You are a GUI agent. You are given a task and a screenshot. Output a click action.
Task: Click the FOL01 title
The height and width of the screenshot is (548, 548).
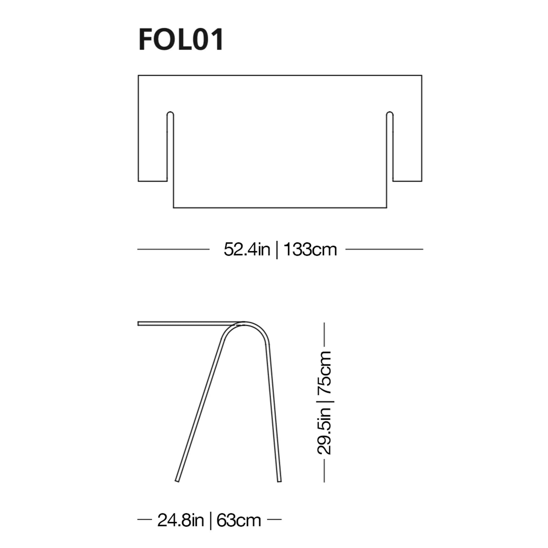click(181, 39)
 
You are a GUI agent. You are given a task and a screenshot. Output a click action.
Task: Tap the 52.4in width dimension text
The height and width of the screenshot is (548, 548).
click(247, 250)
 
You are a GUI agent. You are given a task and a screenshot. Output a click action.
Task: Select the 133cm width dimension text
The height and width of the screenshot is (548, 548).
click(310, 250)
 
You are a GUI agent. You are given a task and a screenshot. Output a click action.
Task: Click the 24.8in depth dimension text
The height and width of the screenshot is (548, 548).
click(181, 520)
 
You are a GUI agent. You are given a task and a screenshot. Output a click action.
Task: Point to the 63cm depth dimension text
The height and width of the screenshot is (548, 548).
click(239, 520)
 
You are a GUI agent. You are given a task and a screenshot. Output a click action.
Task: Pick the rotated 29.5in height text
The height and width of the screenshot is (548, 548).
click(324, 431)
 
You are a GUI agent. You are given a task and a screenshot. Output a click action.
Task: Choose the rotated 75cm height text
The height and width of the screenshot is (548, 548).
click(324, 372)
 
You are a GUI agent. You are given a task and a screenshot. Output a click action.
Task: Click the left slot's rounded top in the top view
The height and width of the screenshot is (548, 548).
click(170, 114)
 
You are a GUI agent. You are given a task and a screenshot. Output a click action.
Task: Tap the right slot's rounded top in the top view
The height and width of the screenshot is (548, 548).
click(390, 114)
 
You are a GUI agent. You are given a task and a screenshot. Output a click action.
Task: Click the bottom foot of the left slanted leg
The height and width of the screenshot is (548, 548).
click(177, 481)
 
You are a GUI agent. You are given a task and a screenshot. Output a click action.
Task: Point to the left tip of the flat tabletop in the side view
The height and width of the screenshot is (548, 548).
click(139, 323)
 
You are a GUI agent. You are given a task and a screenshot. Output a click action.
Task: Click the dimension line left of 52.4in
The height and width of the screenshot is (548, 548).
click(173, 249)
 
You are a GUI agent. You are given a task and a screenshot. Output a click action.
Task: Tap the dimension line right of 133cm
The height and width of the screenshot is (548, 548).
click(384, 249)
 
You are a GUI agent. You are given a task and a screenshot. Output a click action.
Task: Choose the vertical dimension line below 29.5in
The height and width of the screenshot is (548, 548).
click(324, 471)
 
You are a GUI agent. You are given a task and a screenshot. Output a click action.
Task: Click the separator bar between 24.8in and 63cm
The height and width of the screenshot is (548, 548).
click(210, 520)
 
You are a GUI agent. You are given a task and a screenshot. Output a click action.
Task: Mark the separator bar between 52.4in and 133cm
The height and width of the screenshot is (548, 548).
click(277, 250)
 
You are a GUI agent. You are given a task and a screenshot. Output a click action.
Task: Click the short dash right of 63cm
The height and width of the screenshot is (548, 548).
click(274, 519)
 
